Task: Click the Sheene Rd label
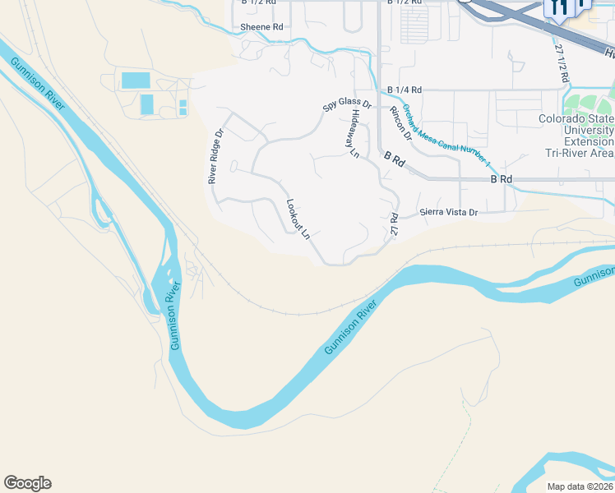click(261, 27)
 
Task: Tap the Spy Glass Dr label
click(347, 106)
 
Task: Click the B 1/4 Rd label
click(404, 90)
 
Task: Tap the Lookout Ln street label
click(298, 219)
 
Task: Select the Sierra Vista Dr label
click(448, 212)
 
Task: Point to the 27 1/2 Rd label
click(562, 62)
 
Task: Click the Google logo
click(27, 483)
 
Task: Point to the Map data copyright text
click(580, 486)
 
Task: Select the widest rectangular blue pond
click(135, 80)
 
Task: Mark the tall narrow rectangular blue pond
click(146, 104)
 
